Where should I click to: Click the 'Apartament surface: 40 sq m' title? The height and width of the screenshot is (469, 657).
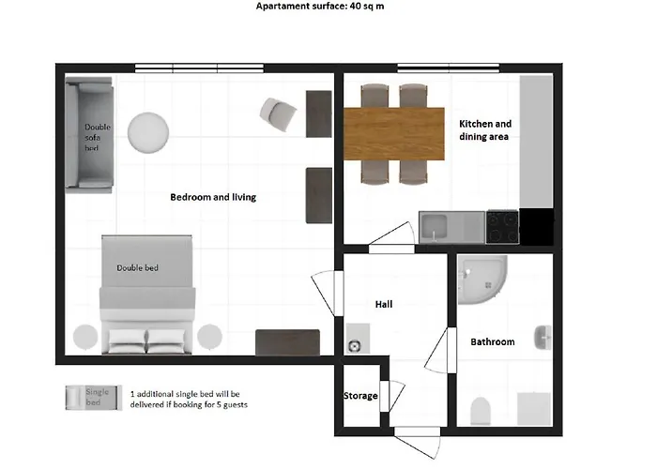coord(319,6)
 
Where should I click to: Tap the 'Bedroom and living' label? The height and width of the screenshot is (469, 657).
coord(212,198)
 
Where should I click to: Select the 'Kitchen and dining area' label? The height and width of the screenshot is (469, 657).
coord(484,130)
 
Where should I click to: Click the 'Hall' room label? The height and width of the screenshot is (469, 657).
coord(383,304)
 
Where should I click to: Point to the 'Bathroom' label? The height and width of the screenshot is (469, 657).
coord(492,342)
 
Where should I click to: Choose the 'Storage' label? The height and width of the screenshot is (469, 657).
coord(360,396)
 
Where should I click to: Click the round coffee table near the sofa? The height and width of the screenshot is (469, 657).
coord(147,132)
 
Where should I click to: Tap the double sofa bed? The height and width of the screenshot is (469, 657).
coord(89,136)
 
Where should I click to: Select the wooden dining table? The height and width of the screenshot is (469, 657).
coord(393,130)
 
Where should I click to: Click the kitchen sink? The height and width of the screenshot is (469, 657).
coord(439,226)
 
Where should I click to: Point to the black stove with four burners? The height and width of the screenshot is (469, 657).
coord(502,225)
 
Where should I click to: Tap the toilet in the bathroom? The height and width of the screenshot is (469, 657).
coord(480,410)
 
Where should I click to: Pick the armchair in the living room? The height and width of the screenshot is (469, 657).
coord(279,114)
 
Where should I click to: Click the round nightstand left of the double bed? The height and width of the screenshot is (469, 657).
coord(84,337)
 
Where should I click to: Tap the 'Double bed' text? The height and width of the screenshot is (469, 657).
coord(137,268)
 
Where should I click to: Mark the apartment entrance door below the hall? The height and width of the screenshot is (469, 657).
coord(416,439)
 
